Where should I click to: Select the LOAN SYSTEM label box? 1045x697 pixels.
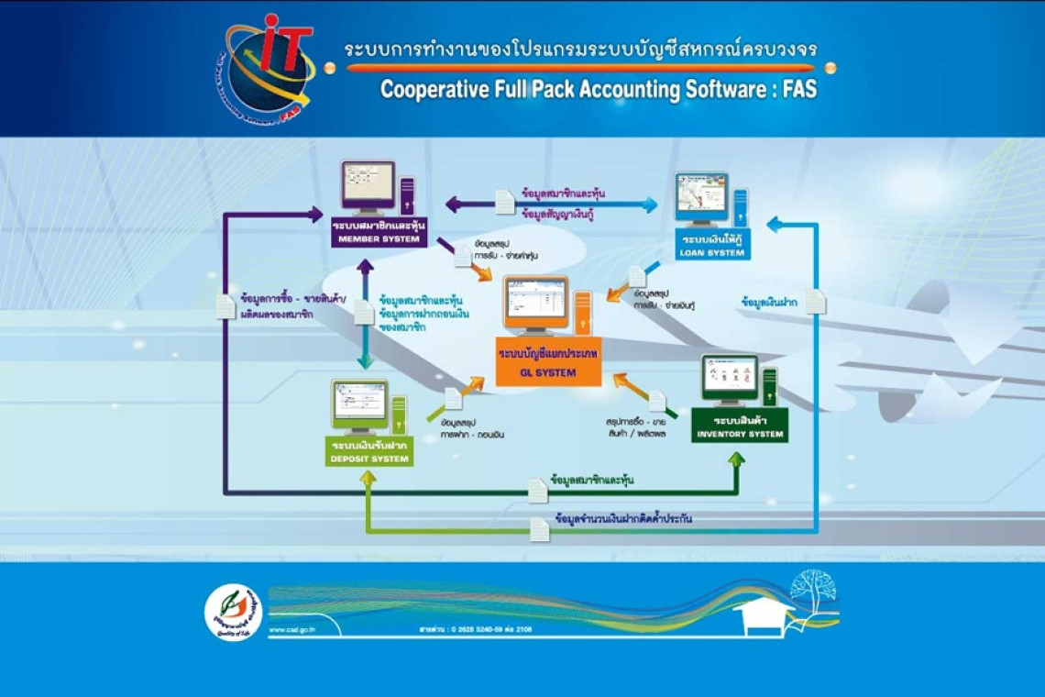click(713, 247)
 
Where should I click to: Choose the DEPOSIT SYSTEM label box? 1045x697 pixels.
click(368, 453)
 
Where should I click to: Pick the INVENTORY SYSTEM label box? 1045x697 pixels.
click(740, 428)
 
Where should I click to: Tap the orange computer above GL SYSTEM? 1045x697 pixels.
click(546, 306)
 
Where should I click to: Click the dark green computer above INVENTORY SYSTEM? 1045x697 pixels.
click(739, 382)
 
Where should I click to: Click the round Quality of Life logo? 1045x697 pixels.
click(233, 612)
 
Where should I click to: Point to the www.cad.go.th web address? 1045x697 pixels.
click(294, 630)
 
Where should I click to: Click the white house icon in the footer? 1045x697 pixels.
click(764, 617)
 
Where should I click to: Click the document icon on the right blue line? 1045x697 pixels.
click(815, 302)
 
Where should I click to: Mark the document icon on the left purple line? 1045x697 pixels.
click(225, 306)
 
